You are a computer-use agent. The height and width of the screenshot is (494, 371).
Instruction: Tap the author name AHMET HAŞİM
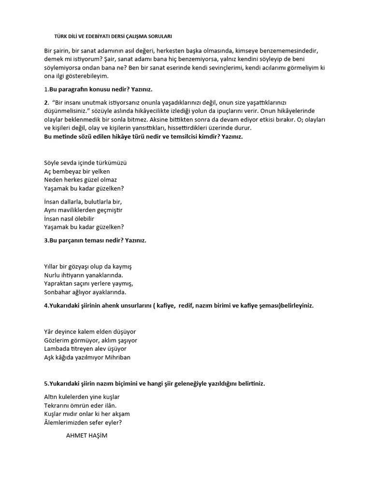[x=86, y=435]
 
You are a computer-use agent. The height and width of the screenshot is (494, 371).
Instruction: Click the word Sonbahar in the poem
[x=57, y=292]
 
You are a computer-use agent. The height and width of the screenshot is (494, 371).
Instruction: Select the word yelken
[x=100, y=171]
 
